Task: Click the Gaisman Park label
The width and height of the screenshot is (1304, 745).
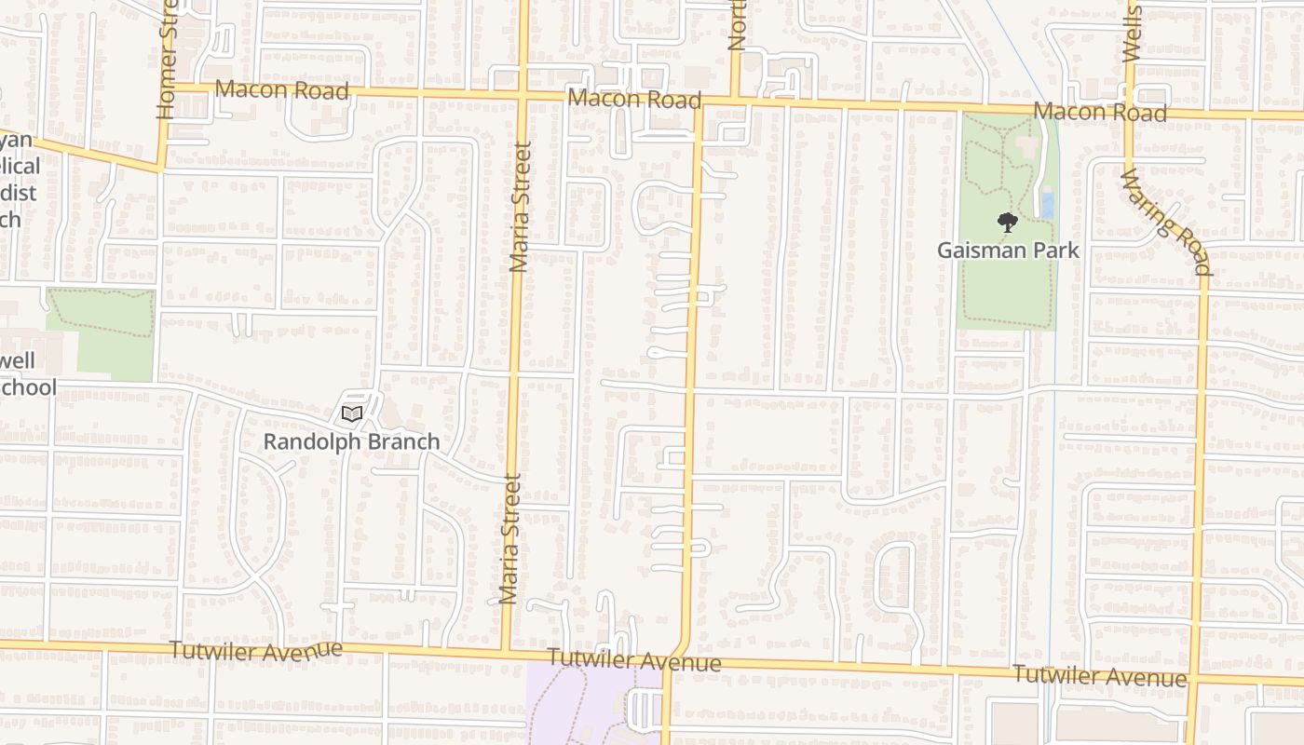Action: (1008, 251)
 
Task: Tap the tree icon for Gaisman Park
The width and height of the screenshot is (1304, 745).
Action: (1007, 223)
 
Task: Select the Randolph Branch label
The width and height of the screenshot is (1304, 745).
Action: (351, 441)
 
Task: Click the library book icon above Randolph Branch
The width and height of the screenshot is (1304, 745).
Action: (351, 413)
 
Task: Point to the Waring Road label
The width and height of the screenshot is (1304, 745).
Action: (1164, 223)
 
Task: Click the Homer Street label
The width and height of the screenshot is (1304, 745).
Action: (168, 60)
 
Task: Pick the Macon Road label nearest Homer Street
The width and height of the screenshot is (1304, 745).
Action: (281, 90)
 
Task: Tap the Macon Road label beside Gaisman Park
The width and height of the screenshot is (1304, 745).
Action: (1100, 112)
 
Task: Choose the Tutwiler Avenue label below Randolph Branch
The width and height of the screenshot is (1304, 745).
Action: (256, 651)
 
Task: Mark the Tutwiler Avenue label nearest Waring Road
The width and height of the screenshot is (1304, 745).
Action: (1100, 676)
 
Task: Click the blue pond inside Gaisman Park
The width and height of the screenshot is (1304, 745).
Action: (1047, 204)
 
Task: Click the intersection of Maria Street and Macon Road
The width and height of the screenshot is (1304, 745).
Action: (523, 95)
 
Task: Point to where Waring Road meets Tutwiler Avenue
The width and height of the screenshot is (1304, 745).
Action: (1193, 680)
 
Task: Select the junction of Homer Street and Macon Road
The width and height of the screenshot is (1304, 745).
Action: (164, 88)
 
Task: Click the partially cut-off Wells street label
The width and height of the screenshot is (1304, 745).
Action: (1132, 33)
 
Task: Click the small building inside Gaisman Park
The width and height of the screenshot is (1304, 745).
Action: (1028, 147)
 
